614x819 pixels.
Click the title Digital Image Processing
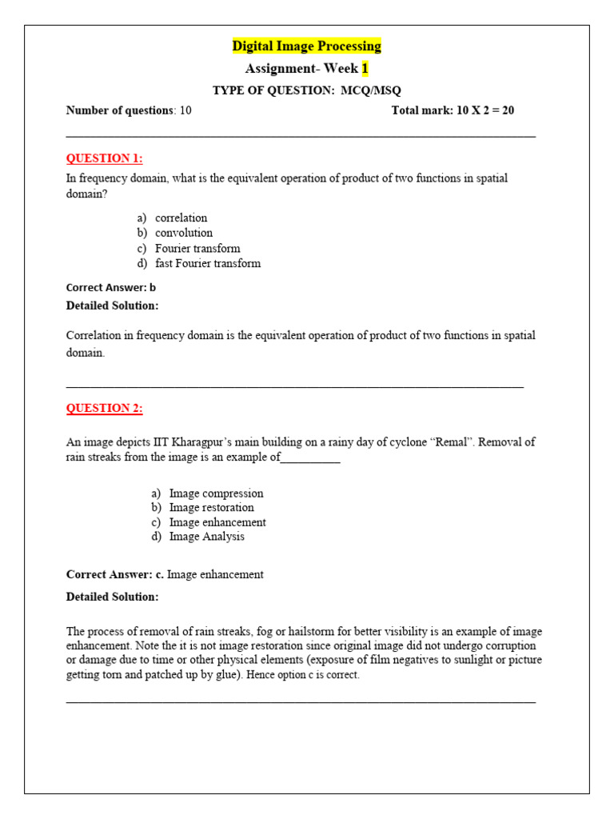point(306,46)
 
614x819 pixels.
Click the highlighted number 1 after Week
point(365,69)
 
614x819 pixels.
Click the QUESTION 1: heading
point(104,158)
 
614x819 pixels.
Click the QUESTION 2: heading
point(104,409)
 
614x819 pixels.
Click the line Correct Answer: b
point(110,287)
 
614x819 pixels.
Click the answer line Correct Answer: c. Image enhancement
point(165,574)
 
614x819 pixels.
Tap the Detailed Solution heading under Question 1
point(112,306)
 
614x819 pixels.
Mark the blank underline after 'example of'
point(310,458)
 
